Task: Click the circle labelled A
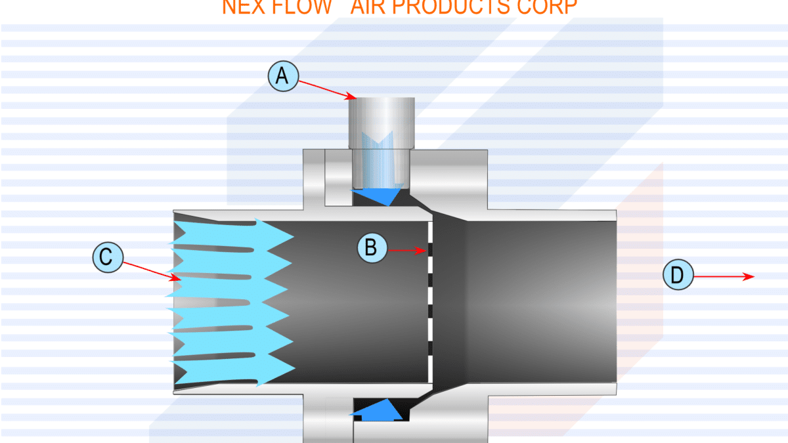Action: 282,77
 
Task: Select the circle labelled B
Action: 371,247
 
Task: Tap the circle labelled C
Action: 107,258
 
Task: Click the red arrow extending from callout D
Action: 722,277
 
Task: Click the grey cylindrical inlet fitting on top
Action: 381,121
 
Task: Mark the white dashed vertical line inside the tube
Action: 428,302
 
